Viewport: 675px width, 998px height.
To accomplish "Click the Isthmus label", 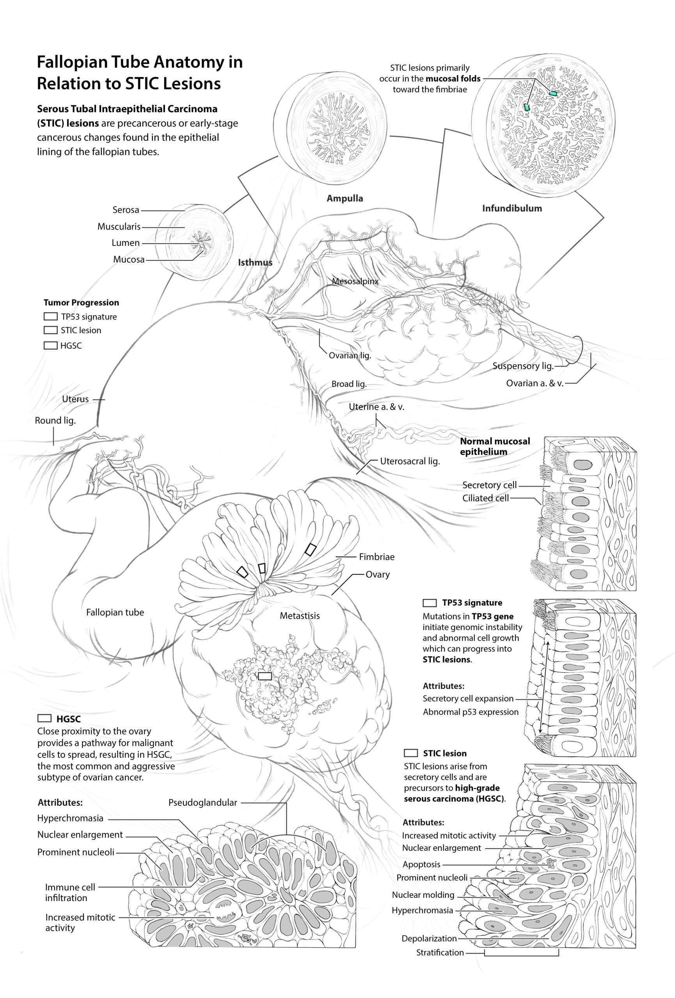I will click(255, 262).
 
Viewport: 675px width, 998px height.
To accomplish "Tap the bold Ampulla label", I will click(345, 198).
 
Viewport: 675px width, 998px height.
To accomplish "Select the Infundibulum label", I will click(512, 208).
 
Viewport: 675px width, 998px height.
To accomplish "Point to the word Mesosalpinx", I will click(355, 282).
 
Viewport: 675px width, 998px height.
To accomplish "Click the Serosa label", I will click(126, 210).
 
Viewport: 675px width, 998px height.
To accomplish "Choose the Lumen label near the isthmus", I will click(126, 243).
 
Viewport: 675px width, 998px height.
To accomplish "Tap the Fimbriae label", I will click(377, 557).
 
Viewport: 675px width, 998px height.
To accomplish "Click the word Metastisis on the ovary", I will click(300, 616).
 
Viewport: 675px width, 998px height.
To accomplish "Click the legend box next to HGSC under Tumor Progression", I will click(51, 346).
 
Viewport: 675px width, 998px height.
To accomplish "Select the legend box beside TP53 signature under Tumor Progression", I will click(51, 317).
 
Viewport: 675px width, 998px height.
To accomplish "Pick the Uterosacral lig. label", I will click(410, 461).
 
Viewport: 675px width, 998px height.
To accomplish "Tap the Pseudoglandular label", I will click(202, 803).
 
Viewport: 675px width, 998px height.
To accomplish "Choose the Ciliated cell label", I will click(485, 498).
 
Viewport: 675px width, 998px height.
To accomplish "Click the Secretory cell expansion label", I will click(468, 699).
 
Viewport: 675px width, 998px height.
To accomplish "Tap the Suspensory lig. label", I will click(522, 366).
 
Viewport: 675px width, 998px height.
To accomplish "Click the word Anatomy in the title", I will click(187, 62).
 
